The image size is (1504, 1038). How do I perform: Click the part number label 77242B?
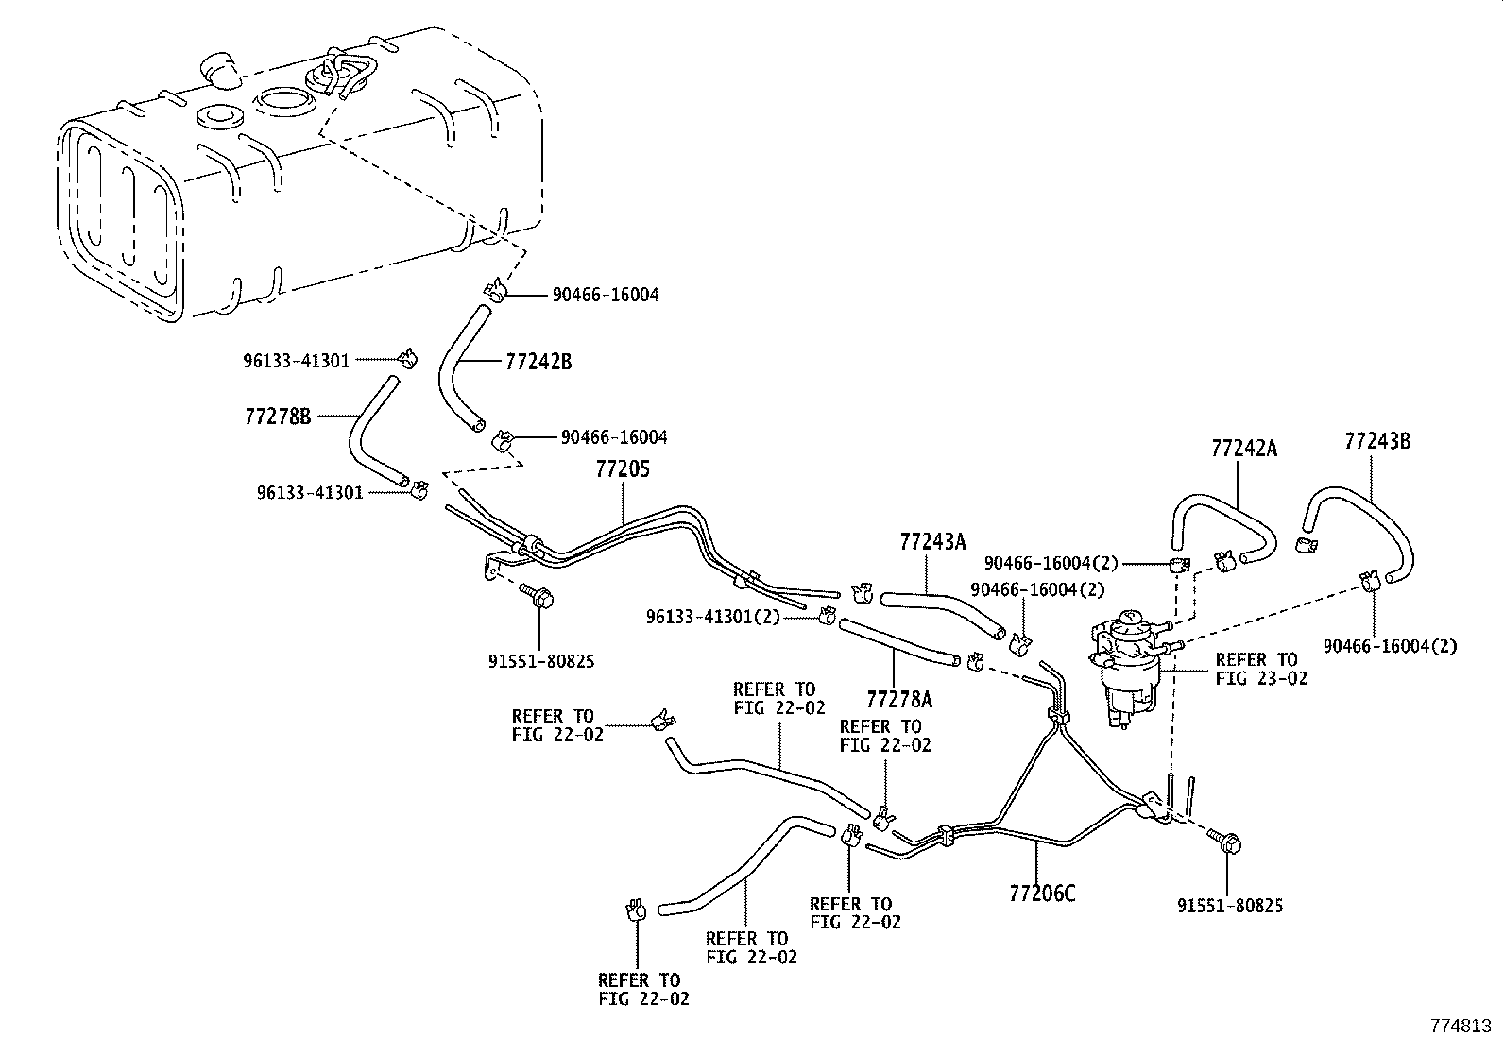538,362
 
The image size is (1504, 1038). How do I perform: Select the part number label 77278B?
278,416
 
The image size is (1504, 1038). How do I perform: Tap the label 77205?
623,469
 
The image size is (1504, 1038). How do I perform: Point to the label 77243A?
932,541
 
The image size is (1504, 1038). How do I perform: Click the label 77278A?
898,699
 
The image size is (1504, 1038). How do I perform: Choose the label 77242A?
1243,449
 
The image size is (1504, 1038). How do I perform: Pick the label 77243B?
1377,441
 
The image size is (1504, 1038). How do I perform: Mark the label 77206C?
1042,893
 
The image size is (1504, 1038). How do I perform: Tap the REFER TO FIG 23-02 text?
1261,669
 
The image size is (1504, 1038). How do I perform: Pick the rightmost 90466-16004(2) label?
1390,646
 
